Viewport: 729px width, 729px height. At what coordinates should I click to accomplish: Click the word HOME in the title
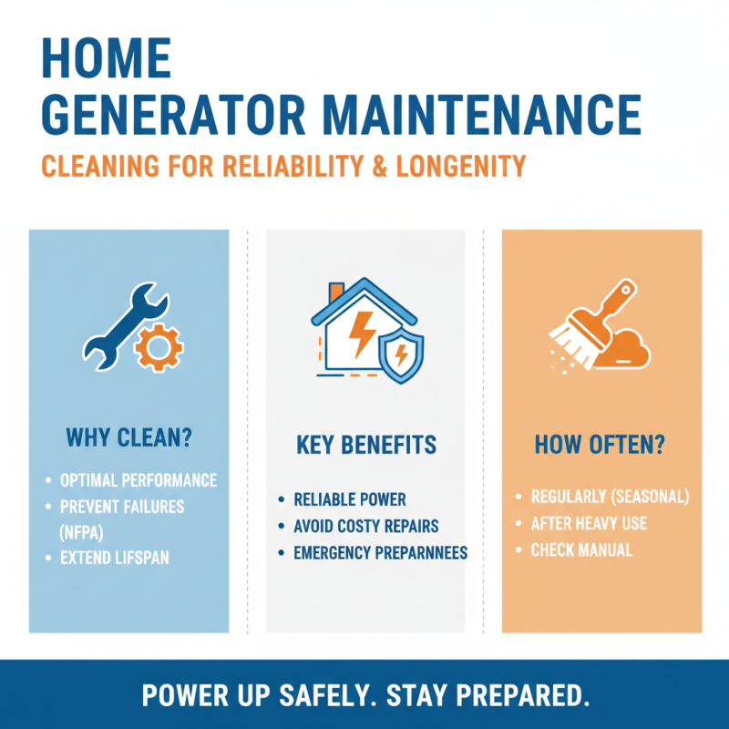pos(108,59)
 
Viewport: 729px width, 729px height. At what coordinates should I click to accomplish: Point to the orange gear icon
pos(159,345)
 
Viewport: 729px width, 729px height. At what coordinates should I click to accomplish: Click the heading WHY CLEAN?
pos(128,437)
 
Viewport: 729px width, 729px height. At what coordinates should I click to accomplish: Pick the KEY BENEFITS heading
pos(366,446)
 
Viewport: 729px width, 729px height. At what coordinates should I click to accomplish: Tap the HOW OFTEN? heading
pos(600,446)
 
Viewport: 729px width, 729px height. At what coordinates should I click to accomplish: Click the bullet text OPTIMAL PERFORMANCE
pos(139,480)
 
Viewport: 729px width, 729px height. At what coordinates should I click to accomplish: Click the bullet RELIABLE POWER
pos(350,499)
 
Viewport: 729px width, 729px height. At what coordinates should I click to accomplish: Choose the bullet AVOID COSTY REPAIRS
pos(366,526)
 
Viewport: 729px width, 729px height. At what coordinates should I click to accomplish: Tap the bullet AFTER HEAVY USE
pos(589,523)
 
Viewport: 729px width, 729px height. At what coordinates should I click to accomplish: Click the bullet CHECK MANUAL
pos(581,549)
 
